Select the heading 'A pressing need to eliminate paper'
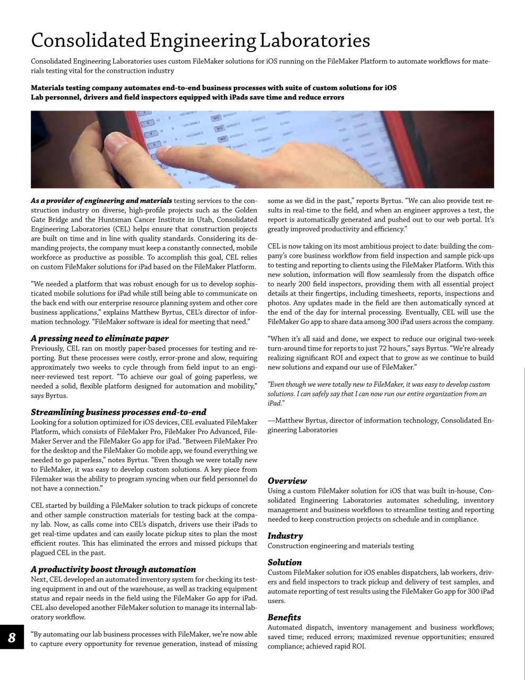100,338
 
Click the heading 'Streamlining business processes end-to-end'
118,412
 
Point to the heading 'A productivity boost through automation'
113,569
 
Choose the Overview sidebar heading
287,481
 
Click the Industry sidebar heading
285,536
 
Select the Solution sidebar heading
285,562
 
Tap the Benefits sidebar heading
284,617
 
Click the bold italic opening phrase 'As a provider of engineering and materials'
101,200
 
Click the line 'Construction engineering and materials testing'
340,546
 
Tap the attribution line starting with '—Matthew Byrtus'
381,420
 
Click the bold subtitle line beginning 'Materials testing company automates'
213,88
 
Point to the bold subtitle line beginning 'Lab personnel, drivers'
187,97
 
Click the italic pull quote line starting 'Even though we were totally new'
378,385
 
